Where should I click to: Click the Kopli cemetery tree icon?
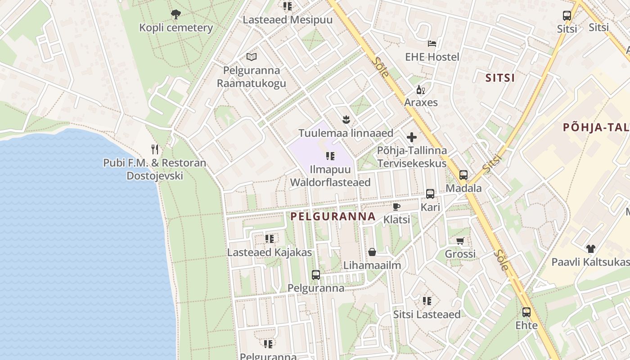(175, 14)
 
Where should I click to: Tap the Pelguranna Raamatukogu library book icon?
(252, 57)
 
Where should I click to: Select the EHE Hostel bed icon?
(432, 44)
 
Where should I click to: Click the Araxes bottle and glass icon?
(421, 90)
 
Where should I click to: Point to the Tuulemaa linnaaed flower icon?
(346, 120)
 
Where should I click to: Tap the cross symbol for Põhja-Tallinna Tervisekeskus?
(412, 137)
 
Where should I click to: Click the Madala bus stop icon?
(463, 175)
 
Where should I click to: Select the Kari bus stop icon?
(430, 194)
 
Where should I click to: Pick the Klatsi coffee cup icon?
(396, 207)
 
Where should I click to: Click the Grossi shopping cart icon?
(460, 241)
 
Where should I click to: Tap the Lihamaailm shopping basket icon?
(372, 252)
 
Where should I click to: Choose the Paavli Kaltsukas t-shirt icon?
(590, 248)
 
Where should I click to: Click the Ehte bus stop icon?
(526, 312)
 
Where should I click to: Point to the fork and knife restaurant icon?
(155, 149)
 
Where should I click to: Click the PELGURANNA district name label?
(333, 216)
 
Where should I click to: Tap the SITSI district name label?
(500, 78)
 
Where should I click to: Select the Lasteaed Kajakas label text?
(269, 252)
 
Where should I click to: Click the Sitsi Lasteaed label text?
(427, 314)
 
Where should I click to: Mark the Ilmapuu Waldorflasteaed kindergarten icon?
(330, 156)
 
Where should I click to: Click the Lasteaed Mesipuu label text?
(288, 20)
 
